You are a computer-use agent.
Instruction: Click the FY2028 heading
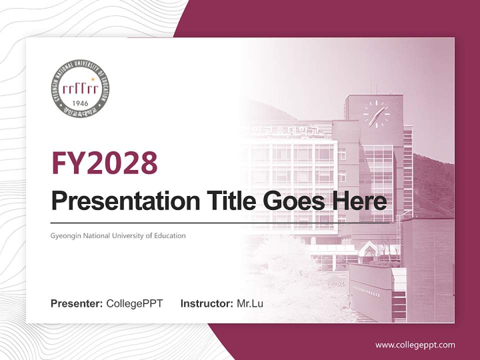tap(104, 163)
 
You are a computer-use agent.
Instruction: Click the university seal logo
tap(80, 88)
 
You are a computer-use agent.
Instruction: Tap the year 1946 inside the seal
tap(80, 103)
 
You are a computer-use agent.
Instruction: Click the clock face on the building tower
tap(375, 114)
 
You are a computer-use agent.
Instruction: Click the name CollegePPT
tap(134, 303)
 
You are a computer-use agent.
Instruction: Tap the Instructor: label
tap(207, 303)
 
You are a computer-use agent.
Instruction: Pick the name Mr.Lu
tap(250, 303)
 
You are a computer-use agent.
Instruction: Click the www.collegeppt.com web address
tap(415, 344)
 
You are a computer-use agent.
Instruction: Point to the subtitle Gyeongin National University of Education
tap(118, 235)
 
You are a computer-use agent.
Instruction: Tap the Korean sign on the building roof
tap(285, 131)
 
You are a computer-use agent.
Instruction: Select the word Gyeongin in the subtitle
tap(64, 235)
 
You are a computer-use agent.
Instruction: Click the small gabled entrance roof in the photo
tap(368, 247)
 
